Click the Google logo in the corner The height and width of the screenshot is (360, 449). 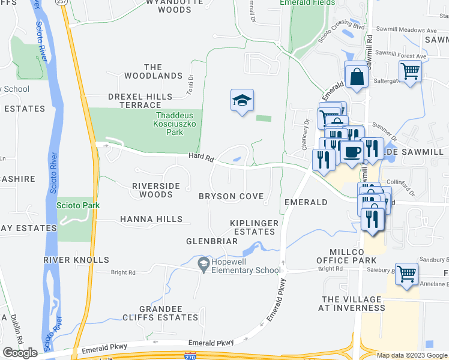click(20, 353)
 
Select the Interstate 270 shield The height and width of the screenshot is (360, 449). click(191, 356)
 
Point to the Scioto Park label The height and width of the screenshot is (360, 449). click(78, 205)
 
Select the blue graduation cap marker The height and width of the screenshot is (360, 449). click(242, 100)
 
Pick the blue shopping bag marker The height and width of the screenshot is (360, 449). click(357, 75)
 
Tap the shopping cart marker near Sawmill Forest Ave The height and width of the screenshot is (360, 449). click(410, 71)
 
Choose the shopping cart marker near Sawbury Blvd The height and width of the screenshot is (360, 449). click(407, 274)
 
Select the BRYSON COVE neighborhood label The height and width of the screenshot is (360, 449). click(231, 197)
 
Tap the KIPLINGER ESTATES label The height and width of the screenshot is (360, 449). click(255, 227)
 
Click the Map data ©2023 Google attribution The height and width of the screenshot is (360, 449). click(411, 355)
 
